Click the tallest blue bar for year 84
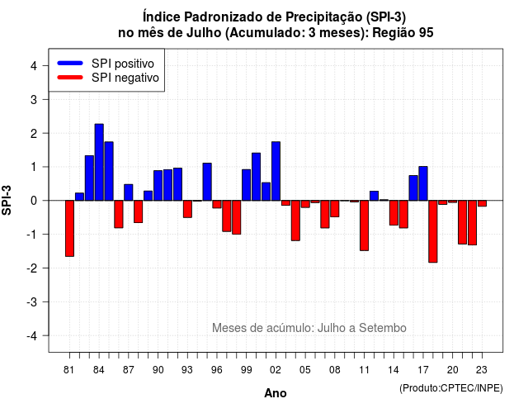99,162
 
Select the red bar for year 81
69,229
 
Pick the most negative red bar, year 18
433,231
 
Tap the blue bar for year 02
276,171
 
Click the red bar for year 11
365,225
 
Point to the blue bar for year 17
423,183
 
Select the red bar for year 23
482,203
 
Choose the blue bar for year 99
247,185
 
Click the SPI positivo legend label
123,64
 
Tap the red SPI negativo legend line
70,77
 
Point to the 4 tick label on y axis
34,66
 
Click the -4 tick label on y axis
32,335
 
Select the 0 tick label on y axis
34,201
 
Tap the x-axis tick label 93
187,370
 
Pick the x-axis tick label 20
453,370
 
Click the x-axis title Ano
276,393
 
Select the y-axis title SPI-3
7,200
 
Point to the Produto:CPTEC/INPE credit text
451,388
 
